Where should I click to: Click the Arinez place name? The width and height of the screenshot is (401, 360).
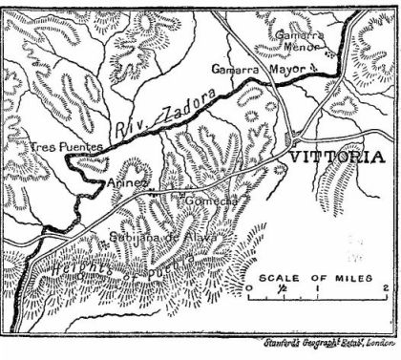[x=129, y=182]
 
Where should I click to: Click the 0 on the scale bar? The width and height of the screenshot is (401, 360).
[x=248, y=286]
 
